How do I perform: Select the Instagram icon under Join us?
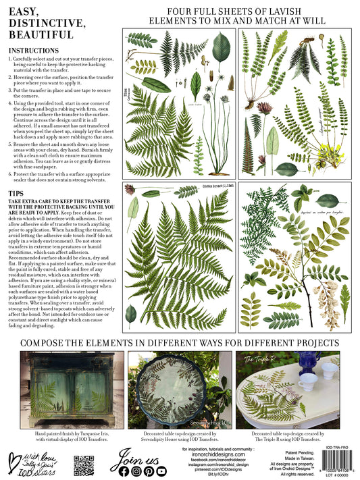(x=137, y=471)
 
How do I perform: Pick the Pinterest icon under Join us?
(x=149, y=471)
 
